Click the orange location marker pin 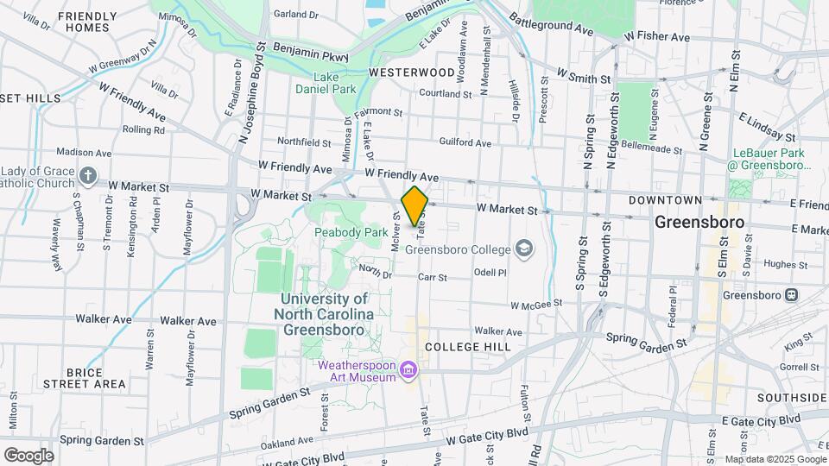[x=414, y=205]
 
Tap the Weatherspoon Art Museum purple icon [x=409, y=372]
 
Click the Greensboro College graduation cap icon [x=523, y=249]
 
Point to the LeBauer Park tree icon [x=740, y=186]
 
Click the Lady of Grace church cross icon [x=87, y=177]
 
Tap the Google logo [x=28, y=455]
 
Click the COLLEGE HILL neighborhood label [x=469, y=346]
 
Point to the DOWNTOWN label [x=665, y=200]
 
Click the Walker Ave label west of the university [x=193, y=321]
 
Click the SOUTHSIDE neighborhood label [x=792, y=397]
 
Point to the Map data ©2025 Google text [x=775, y=458]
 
